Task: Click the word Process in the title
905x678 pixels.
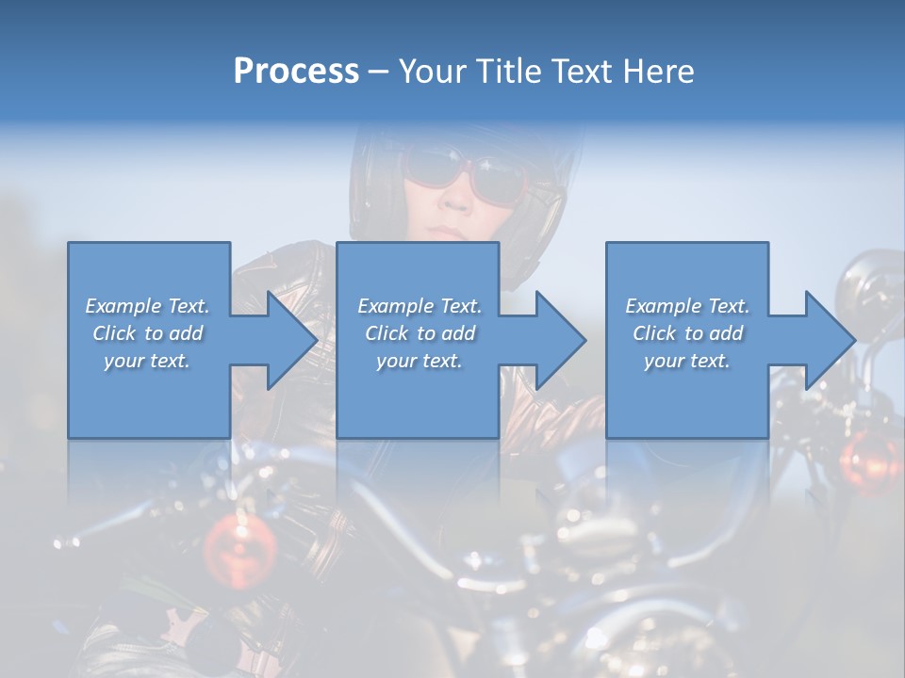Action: [296, 72]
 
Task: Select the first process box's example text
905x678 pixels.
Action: [147, 333]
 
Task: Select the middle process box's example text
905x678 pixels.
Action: [419, 333]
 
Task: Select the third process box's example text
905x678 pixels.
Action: [687, 333]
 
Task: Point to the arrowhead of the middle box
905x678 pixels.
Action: [560, 340]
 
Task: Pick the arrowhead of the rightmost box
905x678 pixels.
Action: [830, 340]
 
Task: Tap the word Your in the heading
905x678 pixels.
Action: [435, 72]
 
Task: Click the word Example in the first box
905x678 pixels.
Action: [123, 306]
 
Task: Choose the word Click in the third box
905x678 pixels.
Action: [654, 333]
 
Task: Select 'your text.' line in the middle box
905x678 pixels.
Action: [419, 361]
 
